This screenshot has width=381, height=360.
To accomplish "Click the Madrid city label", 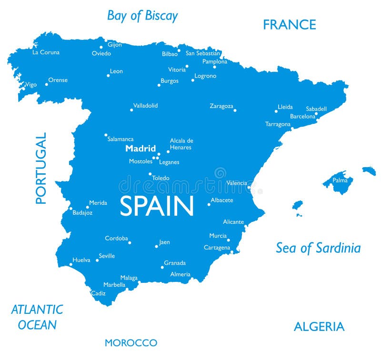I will pos(140,149).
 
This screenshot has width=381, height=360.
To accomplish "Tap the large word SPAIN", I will pos(157,206).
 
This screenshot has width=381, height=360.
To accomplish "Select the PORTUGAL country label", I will pos(41,168).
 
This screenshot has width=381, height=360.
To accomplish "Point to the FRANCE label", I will pos(290,25).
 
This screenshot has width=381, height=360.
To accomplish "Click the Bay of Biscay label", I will pos(142,16).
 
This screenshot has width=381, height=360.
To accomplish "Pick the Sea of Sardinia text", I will pos(318,248).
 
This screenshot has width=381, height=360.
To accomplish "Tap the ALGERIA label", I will pos(319,327).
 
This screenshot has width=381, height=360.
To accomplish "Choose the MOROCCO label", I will pos(131,343).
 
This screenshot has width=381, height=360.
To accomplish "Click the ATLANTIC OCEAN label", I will pos(37,317).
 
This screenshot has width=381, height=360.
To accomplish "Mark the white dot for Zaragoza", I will pos(235,110).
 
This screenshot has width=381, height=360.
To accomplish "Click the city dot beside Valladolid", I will pos(131,110).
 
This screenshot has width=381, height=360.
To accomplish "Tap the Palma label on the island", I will pos(340,180).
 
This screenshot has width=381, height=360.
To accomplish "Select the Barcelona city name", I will pos(302,117).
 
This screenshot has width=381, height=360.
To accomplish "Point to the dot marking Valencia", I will pos(249,187).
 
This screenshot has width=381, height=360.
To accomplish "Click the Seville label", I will pos(107,256).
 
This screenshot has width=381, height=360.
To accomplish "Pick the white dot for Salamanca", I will pos(106,135).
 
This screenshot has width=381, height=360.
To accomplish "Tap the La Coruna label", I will pos(46,52).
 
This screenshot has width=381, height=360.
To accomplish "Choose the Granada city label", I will pos(175,263).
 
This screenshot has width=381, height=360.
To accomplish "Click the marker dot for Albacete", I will pos(209,204).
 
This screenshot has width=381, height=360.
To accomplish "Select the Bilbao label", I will pos(170,54).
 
